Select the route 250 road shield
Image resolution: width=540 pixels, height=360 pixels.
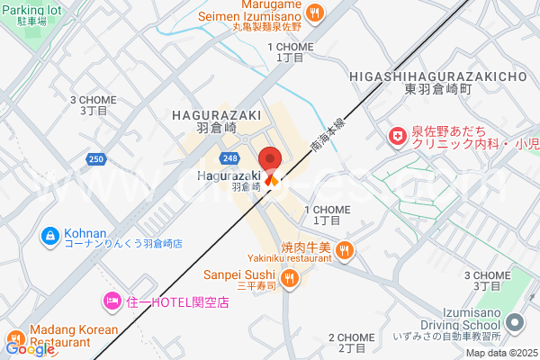(97, 159)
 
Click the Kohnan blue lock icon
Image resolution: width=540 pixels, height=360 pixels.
(50, 235)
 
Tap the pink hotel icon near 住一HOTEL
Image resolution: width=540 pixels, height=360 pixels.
(112, 300)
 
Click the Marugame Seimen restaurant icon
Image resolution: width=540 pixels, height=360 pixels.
(314, 13)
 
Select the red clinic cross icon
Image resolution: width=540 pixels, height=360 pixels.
(396, 137)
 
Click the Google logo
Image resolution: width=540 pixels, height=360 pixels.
(29, 348)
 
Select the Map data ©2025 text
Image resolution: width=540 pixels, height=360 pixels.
(500, 352)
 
